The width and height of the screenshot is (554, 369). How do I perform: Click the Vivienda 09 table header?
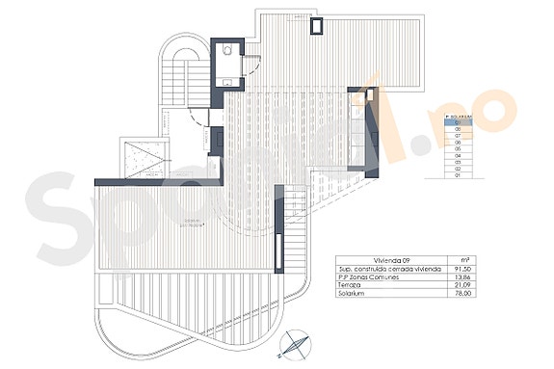click(x=356, y=259)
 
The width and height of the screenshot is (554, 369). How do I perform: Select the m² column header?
click(x=466, y=259)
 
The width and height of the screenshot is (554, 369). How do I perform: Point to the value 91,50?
click(x=464, y=269)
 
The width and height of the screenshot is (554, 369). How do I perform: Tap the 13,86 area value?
click(x=464, y=278)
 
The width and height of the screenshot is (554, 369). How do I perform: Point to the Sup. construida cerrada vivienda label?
click(x=381, y=269)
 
